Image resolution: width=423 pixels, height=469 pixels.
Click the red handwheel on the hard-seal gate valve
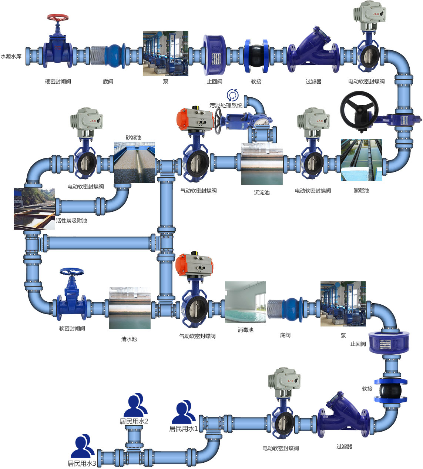[x=58, y=17]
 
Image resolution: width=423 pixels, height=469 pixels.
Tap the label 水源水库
[x=11, y=57]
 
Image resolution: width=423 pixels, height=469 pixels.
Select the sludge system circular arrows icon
[x=233, y=95]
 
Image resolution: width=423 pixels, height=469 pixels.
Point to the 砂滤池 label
[x=134, y=137]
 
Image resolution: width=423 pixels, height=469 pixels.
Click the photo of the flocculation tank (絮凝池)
[x=361, y=160]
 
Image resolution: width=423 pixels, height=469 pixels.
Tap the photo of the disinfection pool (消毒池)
[x=245, y=302]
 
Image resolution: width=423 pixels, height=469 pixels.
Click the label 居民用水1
[x=184, y=429]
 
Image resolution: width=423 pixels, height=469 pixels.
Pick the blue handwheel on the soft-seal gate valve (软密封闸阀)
[x=72, y=272]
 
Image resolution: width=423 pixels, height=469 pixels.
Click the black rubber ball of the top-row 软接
[x=256, y=56]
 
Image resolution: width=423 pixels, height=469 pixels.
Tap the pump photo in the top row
[x=165, y=53]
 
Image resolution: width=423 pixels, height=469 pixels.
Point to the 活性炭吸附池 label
[x=71, y=221]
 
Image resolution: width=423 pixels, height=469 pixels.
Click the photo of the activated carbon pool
[x=34, y=209]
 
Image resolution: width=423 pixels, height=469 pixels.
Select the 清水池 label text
[x=129, y=339]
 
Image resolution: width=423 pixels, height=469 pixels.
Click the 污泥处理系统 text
[x=226, y=105]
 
